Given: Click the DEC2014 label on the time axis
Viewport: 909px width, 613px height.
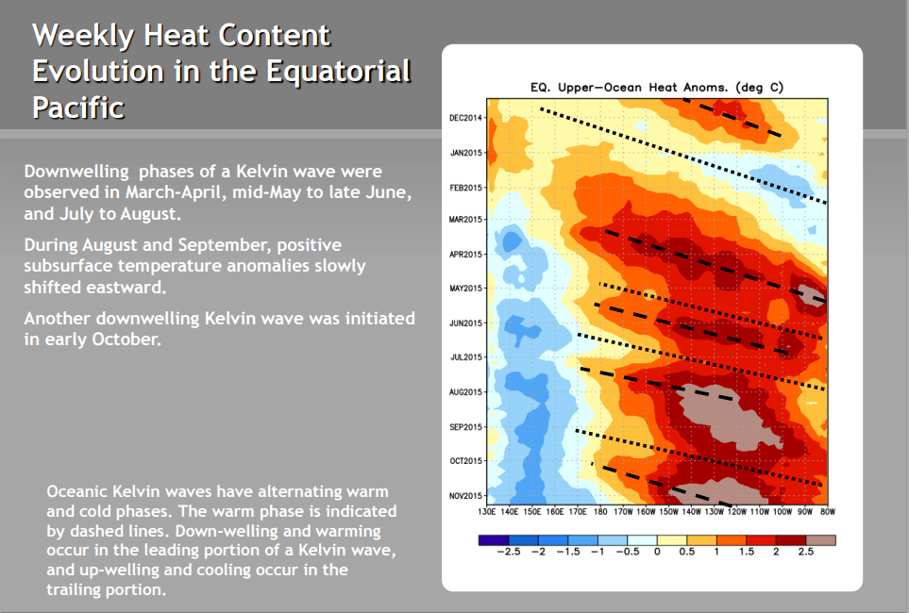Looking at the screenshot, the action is tap(465, 118).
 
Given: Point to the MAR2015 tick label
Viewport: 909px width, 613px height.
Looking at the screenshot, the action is tap(465, 220).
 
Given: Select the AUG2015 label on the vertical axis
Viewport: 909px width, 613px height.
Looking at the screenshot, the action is tap(465, 392).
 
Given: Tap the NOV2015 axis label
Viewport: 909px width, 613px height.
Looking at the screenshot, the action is tap(465, 496).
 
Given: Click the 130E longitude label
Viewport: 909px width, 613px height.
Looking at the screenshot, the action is tap(486, 511).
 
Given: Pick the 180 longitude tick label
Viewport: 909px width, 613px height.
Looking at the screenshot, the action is tap(600, 511).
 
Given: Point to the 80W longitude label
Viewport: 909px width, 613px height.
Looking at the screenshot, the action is tap(827, 511).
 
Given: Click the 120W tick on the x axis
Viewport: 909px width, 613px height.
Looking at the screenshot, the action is tap(737, 511).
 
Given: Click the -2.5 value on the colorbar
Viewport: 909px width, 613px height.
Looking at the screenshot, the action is tap(509, 552).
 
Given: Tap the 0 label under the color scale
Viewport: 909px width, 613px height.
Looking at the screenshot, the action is tap(657, 552).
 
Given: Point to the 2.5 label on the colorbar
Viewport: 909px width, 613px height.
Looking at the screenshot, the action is tap(806, 552).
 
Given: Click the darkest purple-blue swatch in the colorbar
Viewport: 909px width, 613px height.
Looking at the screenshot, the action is tap(494, 540).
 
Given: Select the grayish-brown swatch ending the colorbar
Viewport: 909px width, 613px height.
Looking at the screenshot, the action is tap(821, 540).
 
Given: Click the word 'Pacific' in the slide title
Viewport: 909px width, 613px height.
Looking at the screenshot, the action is tap(78, 108).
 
